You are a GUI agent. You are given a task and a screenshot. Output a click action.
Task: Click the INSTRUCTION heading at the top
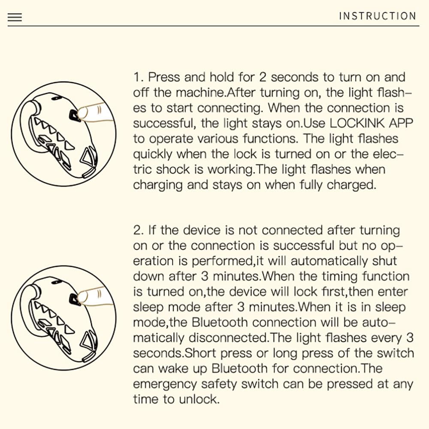click(x=377, y=16)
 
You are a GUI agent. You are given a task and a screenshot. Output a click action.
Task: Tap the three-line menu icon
click(x=15, y=17)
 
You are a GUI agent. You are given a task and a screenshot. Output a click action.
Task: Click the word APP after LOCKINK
click(x=401, y=124)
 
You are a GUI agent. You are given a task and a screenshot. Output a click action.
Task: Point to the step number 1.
click(x=137, y=78)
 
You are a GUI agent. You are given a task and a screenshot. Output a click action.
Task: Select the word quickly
click(x=153, y=154)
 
